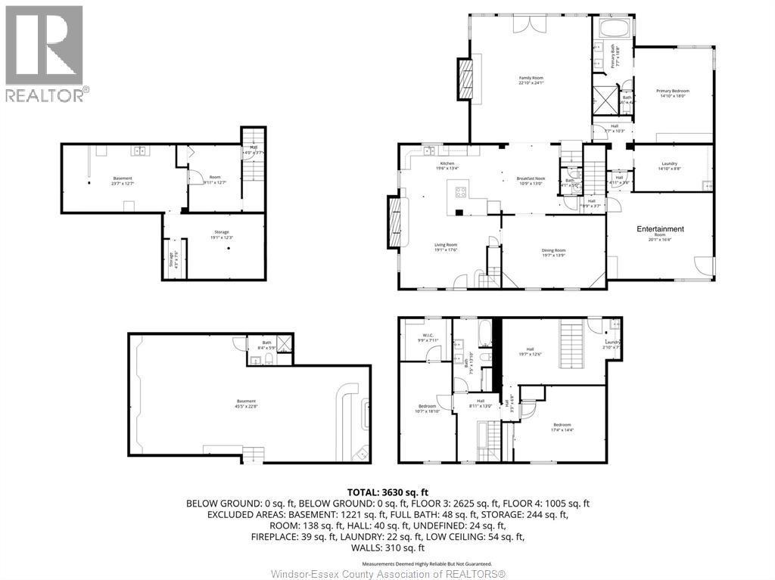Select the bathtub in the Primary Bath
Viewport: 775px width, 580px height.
(x=611, y=29)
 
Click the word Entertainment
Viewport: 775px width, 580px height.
(x=660, y=229)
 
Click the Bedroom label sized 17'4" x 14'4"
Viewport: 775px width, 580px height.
(x=562, y=425)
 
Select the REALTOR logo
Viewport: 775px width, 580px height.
(x=46, y=53)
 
